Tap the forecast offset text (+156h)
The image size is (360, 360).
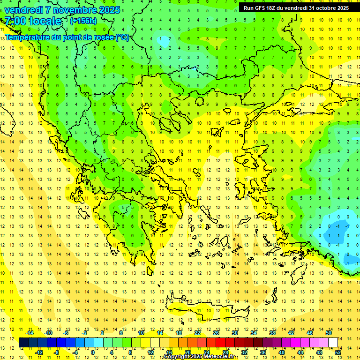[83, 21]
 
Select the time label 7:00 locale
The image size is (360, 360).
[33, 21]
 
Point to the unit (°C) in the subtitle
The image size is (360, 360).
[122, 37]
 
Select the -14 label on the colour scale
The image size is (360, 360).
[30, 333]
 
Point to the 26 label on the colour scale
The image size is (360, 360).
[216, 333]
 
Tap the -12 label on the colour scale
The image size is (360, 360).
[39, 352]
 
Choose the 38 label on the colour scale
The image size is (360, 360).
[272, 333]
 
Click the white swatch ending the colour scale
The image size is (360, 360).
[333, 342]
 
